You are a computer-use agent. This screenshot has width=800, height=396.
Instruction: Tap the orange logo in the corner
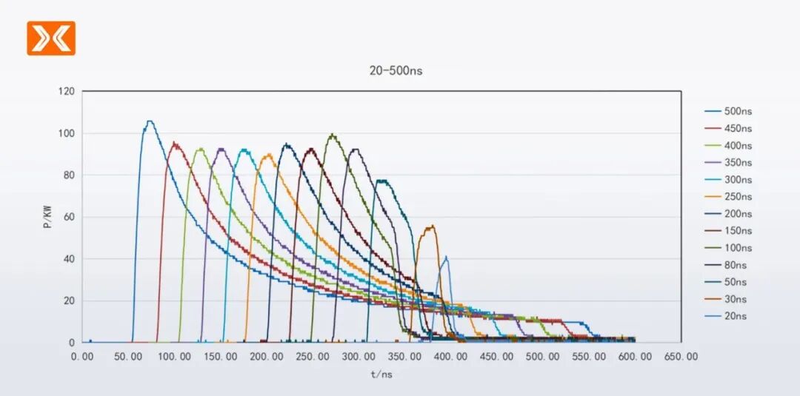point(51,38)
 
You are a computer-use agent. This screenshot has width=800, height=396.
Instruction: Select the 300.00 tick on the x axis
point(359,356)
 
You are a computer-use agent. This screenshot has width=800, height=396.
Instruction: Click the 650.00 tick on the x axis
point(681,356)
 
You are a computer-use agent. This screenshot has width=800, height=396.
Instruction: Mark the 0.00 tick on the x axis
point(81,356)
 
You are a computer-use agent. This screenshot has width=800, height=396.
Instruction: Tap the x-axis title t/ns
point(381,375)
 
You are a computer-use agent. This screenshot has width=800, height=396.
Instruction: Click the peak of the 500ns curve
point(150,121)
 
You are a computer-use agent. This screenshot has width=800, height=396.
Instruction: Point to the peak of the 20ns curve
point(446,257)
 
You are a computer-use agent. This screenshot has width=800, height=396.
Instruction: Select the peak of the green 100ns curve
point(333,134)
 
